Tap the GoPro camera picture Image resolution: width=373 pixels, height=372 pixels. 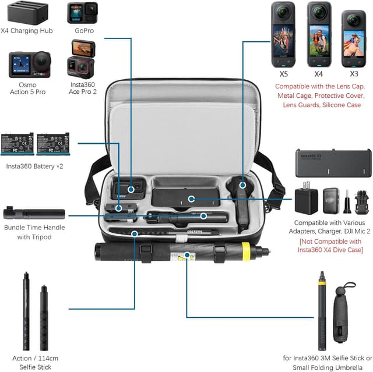(82, 13)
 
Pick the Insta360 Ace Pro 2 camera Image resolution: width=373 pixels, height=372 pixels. (82, 59)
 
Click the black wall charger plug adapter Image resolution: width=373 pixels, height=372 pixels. (308, 201)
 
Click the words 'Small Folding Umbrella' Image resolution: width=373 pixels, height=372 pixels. (323, 366)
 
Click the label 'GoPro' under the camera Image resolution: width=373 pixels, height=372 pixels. (84, 30)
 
